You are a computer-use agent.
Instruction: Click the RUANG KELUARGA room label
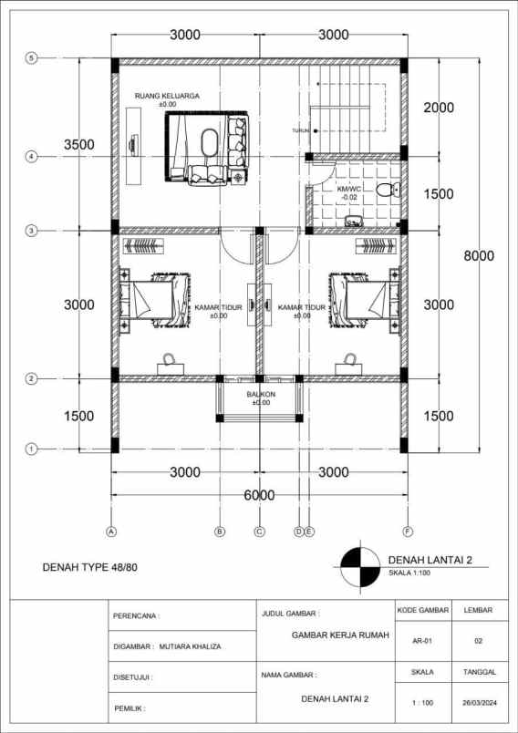(x=167, y=96)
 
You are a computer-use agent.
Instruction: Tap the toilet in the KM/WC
(x=388, y=190)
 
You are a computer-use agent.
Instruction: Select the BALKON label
(x=261, y=394)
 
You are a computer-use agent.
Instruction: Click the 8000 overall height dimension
(x=479, y=255)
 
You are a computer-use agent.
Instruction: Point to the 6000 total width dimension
(x=260, y=495)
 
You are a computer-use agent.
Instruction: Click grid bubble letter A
(x=111, y=531)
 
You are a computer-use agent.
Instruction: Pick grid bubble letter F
(x=409, y=531)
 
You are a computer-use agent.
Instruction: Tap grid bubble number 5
(x=31, y=58)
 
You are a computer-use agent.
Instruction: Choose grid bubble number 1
(x=31, y=449)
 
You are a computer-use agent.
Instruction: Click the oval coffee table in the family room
(x=209, y=141)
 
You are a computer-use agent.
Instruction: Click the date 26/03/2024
(x=479, y=703)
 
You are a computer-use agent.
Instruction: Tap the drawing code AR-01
(x=423, y=641)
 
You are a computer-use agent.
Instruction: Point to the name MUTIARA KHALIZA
(x=190, y=647)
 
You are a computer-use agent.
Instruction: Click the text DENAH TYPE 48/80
(x=90, y=567)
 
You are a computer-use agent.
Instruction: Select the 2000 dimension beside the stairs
(x=439, y=108)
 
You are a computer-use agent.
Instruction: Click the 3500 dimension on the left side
(x=79, y=145)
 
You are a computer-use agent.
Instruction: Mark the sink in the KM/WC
(x=354, y=221)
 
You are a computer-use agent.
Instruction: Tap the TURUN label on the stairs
(x=301, y=131)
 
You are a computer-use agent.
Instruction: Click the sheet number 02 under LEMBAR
(x=478, y=641)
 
